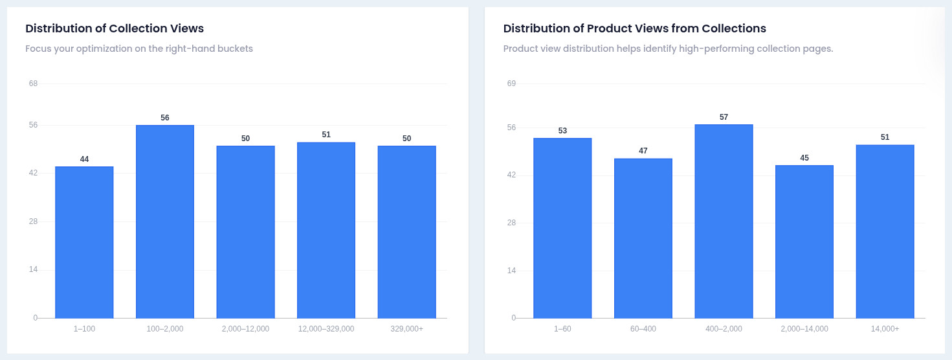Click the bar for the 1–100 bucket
(x=84, y=242)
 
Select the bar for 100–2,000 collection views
(x=165, y=221)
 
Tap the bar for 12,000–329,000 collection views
(x=326, y=230)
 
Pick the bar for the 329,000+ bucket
(x=407, y=232)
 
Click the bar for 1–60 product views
(x=562, y=228)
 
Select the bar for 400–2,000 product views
(x=724, y=221)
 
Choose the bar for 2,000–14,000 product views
(x=804, y=242)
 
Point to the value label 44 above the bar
(x=84, y=159)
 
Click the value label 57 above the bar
(x=724, y=117)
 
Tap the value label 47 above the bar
(x=643, y=151)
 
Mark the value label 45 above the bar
(x=804, y=158)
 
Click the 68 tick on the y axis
(x=33, y=84)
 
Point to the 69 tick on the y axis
(x=511, y=84)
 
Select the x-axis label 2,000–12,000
(x=245, y=329)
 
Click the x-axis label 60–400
(x=643, y=329)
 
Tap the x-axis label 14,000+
(x=885, y=329)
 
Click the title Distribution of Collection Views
(x=115, y=28)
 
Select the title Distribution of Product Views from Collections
(x=634, y=28)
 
